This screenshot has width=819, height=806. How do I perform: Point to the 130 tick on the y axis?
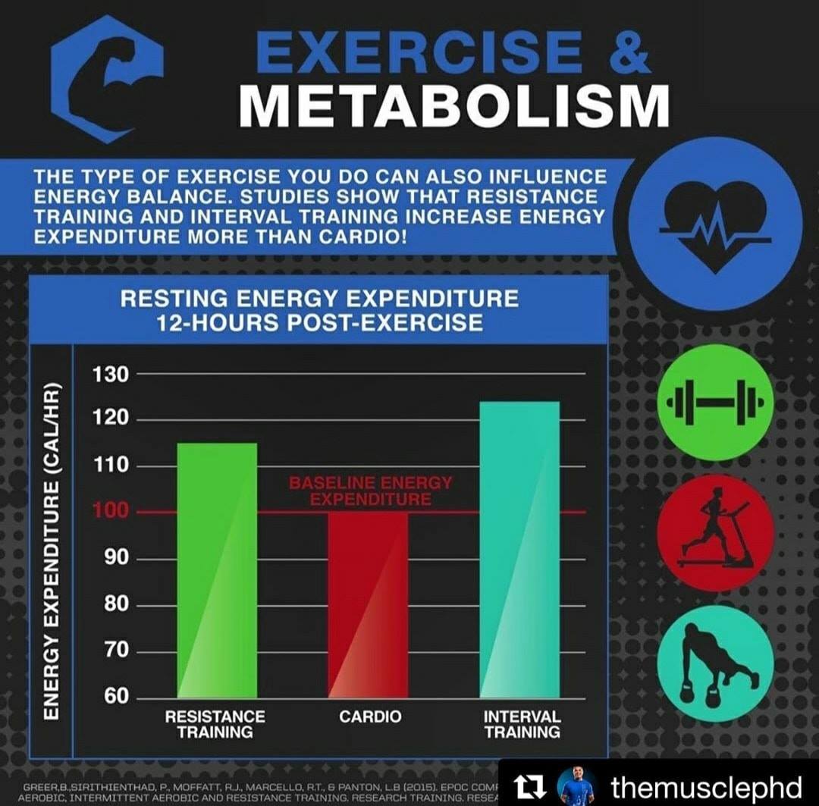click(111, 374)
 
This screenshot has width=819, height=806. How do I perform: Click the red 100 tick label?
click(111, 512)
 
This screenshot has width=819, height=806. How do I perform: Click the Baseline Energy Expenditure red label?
click(370, 491)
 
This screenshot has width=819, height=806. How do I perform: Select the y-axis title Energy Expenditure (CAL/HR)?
click(51, 550)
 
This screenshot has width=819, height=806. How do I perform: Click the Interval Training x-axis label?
click(522, 724)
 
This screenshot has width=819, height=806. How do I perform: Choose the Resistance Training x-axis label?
click(215, 724)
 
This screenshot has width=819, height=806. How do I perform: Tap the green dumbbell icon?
click(715, 402)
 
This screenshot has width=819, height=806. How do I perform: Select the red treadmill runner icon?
click(715, 533)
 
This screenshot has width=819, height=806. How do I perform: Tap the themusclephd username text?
click(706, 786)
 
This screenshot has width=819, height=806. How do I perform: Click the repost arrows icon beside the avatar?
click(531, 786)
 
